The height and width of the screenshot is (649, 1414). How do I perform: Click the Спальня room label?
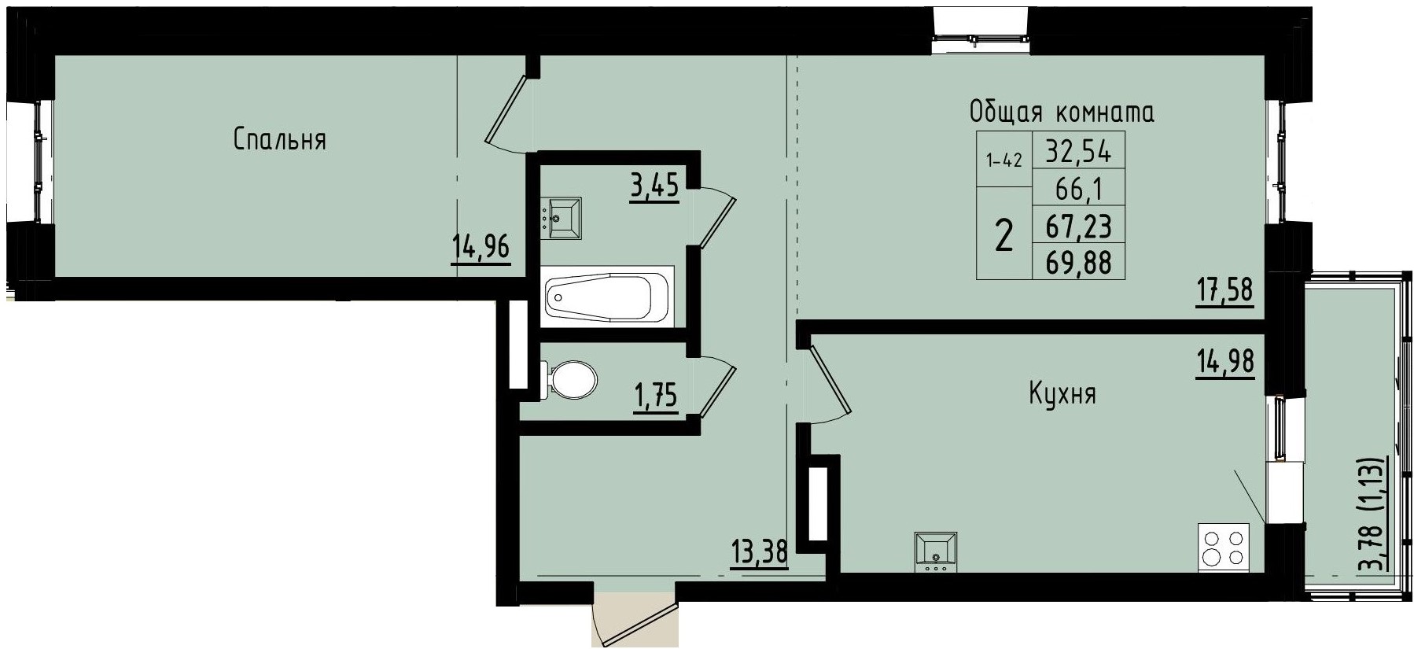pos(279,140)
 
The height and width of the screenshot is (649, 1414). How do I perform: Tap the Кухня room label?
pos(1062,393)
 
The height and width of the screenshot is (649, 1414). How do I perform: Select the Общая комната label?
pos(1062,112)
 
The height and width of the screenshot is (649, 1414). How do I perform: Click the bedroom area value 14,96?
pos(481,249)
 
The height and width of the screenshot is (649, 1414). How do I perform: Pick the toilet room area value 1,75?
pos(655,396)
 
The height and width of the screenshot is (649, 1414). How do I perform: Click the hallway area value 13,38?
pos(759,553)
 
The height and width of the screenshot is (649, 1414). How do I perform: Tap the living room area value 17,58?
pos(1224,291)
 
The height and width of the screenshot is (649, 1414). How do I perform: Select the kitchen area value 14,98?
pos(1224,363)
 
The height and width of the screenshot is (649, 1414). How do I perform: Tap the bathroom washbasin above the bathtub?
pos(562,218)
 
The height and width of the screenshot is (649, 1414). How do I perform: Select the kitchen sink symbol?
pos(936,552)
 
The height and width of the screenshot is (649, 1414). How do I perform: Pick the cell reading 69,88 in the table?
pos(1078,264)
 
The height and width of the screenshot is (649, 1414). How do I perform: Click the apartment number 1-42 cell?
pos(1003,160)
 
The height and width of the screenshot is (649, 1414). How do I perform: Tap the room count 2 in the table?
pos(1003,234)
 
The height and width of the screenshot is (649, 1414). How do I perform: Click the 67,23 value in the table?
pos(1078,227)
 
